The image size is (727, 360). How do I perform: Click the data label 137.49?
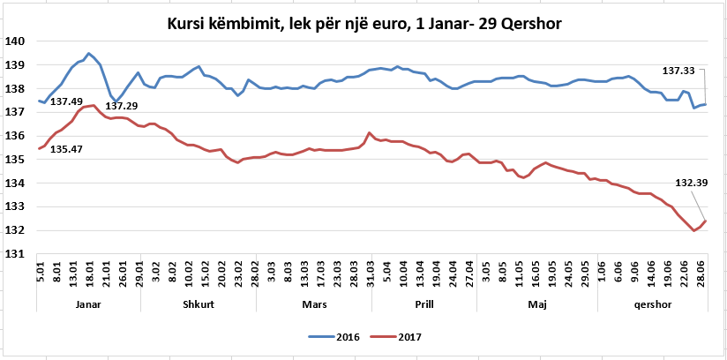pos(66,102)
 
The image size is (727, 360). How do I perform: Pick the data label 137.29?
pos(122,106)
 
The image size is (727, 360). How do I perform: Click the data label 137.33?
pos(679,70)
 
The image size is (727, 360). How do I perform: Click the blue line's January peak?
pos(89,53)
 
